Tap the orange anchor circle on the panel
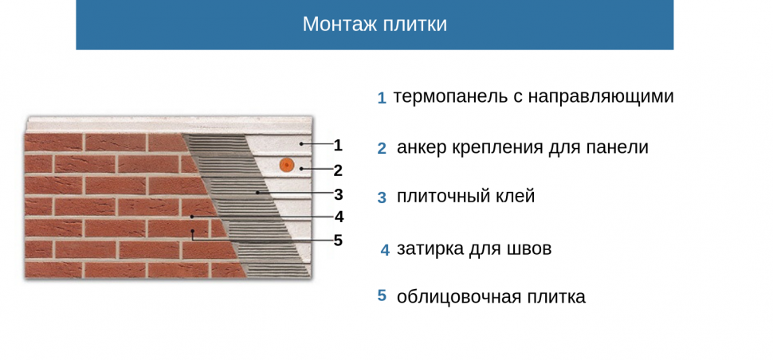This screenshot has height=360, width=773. (285, 165)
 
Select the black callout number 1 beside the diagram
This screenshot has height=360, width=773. (338, 145)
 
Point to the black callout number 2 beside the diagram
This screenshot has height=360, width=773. (338, 170)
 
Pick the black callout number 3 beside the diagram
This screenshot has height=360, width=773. (338, 194)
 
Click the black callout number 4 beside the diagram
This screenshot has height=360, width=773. (339, 217)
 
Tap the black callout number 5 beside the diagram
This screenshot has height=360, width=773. (338, 241)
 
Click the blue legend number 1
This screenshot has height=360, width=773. (382, 98)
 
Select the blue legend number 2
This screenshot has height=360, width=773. (382, 148)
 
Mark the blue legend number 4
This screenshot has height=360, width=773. (385, 249)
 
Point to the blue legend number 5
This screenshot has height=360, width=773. (382, 295)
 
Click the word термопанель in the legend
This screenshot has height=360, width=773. (450, 96)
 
